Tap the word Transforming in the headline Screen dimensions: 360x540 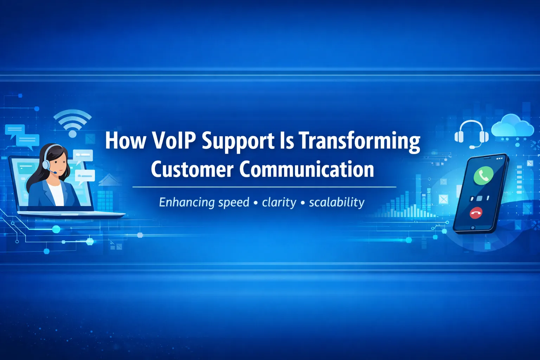coord(359,141)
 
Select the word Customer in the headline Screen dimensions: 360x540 coord(192,169)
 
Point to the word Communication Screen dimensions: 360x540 coord(307,169)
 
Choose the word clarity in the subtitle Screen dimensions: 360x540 coord(279,202)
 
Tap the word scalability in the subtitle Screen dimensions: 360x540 coord(336,202)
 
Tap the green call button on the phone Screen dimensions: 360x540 coord(483,175)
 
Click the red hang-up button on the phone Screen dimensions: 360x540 coord(476,212)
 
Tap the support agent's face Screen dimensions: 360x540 coord(59,164)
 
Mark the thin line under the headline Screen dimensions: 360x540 coord(264,187)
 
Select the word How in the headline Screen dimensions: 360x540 coord(126,141)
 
